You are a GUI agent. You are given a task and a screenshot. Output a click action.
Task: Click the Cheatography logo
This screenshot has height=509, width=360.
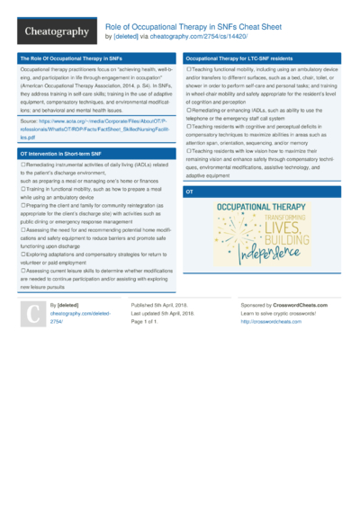(56, 33)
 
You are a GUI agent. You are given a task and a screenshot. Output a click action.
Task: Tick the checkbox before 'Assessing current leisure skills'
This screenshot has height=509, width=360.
(22, 269)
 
